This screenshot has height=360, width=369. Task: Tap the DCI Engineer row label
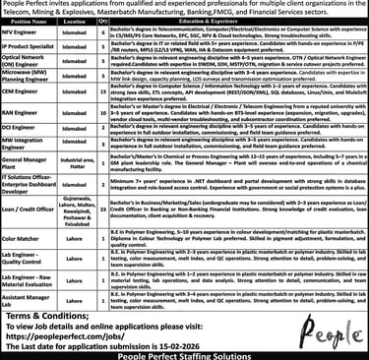[x=22, y=154]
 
